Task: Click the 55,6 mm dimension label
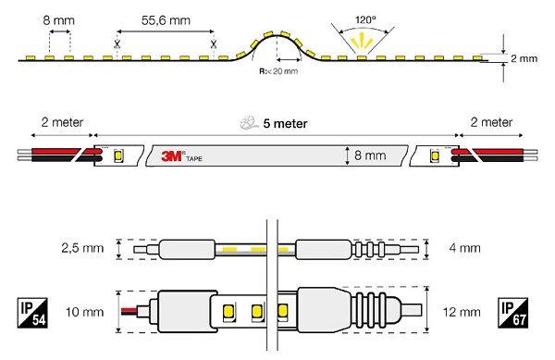166,20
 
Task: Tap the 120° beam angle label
365,19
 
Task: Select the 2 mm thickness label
524,58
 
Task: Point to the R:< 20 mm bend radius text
278,71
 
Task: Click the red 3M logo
172,155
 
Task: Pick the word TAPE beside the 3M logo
194,159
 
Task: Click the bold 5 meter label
285,123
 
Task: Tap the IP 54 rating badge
32,313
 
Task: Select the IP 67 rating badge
512,313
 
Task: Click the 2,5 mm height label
82,248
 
